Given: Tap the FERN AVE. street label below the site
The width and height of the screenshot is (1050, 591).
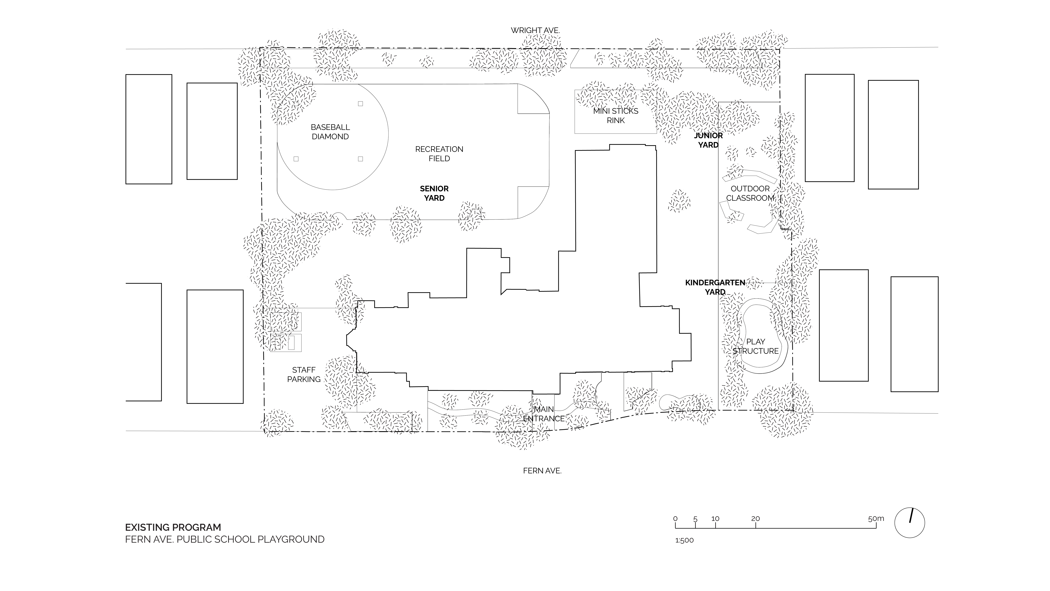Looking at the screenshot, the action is pyautogui.click(x=542, y=471).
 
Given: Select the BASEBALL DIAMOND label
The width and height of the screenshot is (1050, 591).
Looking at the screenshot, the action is pyautogui.click(x=330, y=132).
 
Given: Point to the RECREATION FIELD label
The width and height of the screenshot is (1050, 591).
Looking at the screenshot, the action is pyautogui.click(x=439, y=154).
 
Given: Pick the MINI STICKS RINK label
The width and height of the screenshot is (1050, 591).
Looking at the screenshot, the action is pyautogui.click(x=616, y=115).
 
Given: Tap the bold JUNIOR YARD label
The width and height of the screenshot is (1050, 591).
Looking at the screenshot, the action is pyautogui.click(x=708, y=140).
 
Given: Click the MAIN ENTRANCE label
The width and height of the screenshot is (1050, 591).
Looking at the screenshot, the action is pyautogui.click(x=544, y=414).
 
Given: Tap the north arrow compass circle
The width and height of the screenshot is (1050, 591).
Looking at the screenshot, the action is pyautogui.click(x=909, y=522).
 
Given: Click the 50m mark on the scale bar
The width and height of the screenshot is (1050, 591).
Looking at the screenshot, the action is pyautogui.click(x=876, y=519).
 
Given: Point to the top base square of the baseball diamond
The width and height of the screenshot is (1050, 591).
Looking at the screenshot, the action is pyautogui.click(x=360, y=104).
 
